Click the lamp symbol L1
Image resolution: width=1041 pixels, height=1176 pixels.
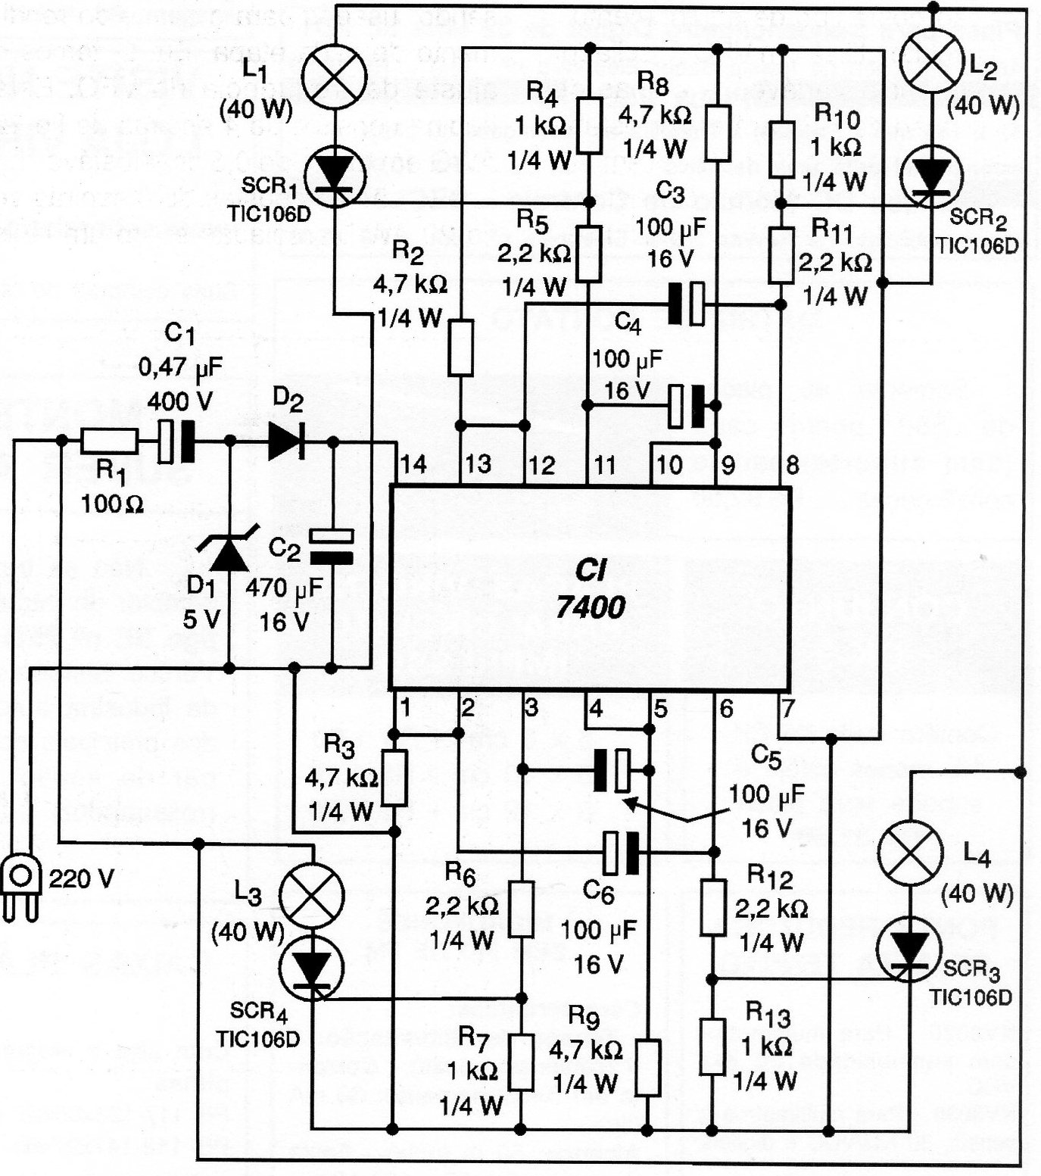click(334, 76)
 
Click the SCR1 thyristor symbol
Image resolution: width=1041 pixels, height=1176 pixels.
click(334, 176)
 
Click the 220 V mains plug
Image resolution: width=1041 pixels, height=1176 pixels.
click(20, 886)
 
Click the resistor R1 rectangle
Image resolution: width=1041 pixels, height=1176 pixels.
click(109, 441)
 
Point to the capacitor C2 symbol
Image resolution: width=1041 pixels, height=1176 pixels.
click(332, 547)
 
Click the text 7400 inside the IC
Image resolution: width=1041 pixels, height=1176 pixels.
click(591, 607)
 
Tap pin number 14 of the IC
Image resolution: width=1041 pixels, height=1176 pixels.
click(412, 463)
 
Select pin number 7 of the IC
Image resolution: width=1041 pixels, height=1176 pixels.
click(788, 709)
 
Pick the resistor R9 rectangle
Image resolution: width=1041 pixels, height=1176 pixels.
click(647, 1068)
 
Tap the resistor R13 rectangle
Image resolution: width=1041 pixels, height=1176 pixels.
click(712, 1047)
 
